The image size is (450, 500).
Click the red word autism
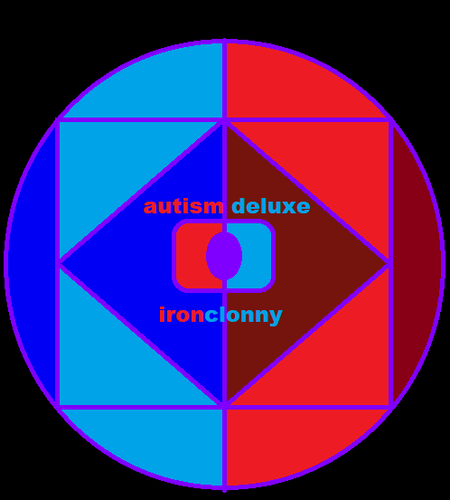coord(183,206)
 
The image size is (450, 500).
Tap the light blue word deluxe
coord(271,205)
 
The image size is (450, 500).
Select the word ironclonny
coord(220,316)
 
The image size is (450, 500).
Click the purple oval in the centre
coord(224,256)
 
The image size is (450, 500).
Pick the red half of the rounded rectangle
coord(192,256)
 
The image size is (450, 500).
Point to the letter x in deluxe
coord(288,207)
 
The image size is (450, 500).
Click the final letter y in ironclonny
coord(275,317)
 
